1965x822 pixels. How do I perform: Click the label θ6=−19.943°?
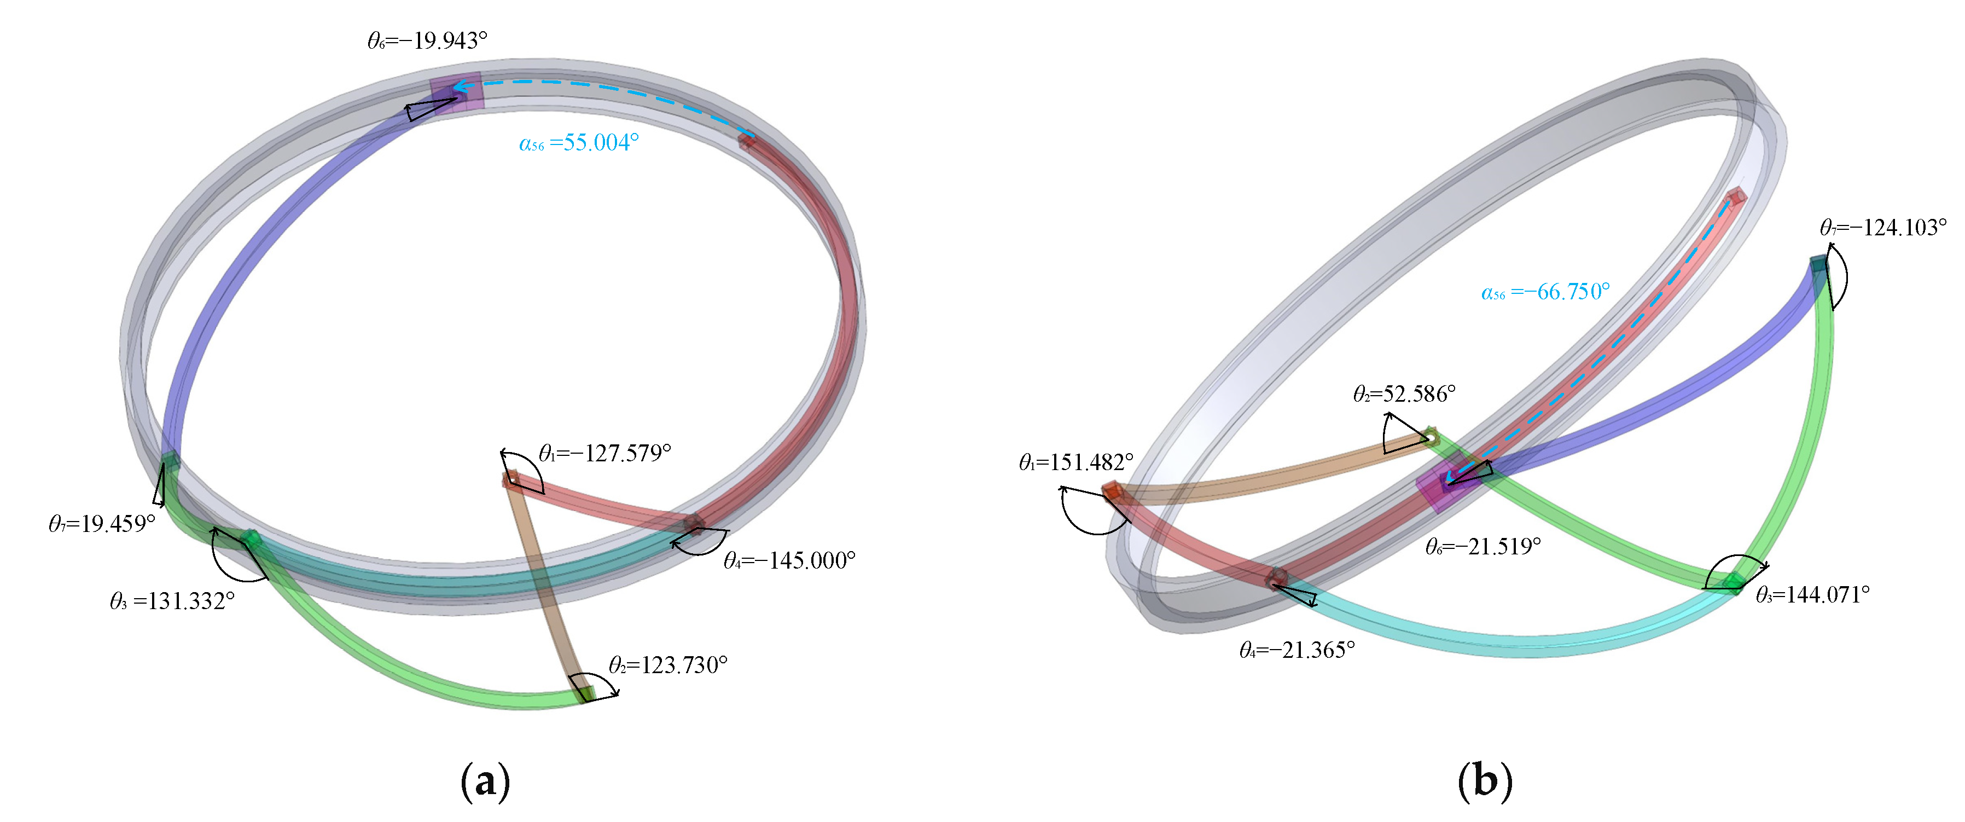(x=427, y=40)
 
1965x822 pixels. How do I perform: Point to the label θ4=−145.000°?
(x=789, y=561)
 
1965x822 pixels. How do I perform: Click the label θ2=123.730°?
(x=668, y=665)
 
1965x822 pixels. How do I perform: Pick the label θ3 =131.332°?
(x=172, y=601)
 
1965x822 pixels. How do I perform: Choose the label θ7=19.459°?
(x=102, y=524)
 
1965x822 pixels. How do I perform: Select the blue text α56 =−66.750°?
(x=1545, y=292)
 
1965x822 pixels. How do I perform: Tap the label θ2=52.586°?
(x=1404, y=394)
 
